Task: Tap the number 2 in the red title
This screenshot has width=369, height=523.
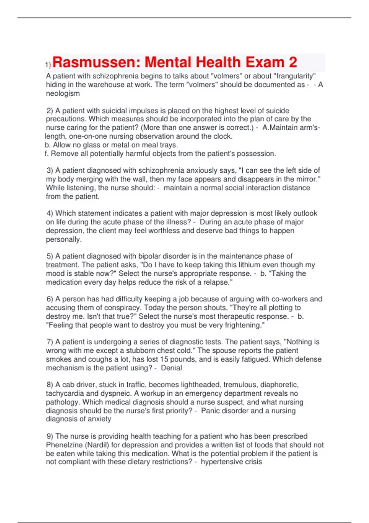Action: [293, 62]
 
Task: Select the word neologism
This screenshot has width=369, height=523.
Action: [63, 94]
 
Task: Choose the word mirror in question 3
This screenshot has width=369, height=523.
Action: [308, 179]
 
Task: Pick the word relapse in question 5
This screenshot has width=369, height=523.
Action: [218, 282]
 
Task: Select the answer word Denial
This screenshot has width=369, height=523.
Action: [171, 368]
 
